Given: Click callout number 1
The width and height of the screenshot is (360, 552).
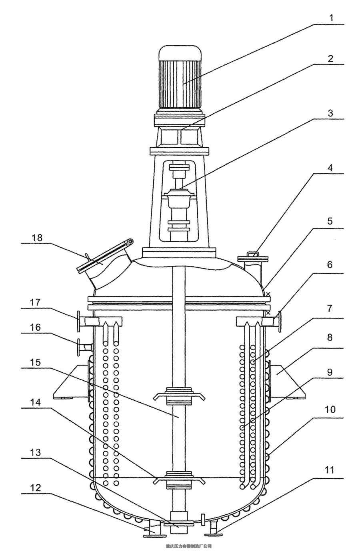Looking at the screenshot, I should (x=331, y=18).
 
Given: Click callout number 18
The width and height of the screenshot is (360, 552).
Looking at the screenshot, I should (x=37, y=237).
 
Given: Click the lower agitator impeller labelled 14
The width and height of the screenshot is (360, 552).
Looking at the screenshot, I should (x=179, y=478).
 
